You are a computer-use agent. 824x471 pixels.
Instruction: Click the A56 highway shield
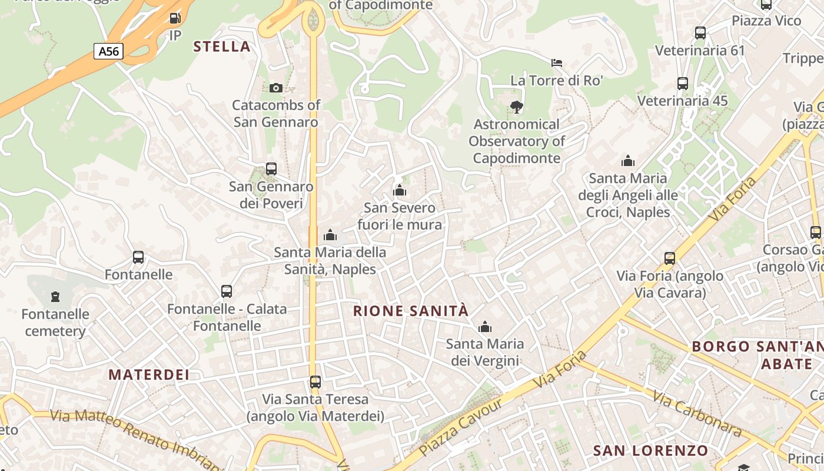pos(108,51)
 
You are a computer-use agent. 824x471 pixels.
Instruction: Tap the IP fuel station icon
pos(175,18)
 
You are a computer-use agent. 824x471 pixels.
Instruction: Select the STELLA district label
pos(222,47)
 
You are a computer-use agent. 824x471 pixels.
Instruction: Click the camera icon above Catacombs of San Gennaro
pos(275,88)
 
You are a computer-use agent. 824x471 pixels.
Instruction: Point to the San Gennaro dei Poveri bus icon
pos(271,169)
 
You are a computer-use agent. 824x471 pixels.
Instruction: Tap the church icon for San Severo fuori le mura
pos(400,190)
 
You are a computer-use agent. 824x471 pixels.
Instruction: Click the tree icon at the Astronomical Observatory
pos(517,107)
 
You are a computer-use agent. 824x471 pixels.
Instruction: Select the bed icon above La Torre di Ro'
pos(557,62)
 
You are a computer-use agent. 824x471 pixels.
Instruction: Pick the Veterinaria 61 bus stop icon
pos(700,33)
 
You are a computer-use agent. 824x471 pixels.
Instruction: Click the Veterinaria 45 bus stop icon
pos(683,84)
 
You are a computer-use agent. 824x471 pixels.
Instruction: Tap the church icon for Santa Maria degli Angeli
pos(628,161)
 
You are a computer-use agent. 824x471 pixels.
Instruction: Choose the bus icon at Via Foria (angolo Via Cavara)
pos(670,258)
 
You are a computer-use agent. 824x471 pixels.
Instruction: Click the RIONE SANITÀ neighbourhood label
pos(411,311)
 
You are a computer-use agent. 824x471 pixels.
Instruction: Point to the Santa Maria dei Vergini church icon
pos(485,327)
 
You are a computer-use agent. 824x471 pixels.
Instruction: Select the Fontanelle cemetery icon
pos(55,296)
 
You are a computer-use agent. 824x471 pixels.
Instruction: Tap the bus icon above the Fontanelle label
pos(138,257)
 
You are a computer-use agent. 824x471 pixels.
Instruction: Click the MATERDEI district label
pos(149,374)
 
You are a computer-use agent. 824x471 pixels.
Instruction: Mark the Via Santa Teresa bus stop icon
pos(315,382)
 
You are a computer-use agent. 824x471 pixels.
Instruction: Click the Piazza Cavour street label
pos(462,427)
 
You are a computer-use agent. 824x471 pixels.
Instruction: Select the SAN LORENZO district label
pos(650,451)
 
